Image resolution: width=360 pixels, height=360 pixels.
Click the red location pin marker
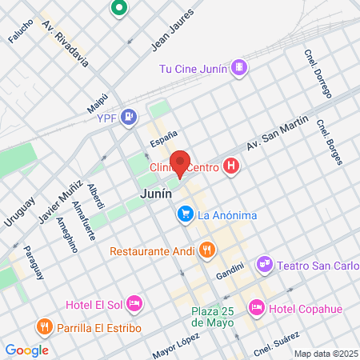[180, 163]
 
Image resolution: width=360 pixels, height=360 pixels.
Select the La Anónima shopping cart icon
[185, 214]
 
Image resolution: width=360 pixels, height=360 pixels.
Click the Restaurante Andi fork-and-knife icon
[206, 250]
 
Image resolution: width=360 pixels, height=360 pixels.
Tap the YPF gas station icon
[130, 118]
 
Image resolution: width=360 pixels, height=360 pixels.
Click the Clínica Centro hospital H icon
[231, 166]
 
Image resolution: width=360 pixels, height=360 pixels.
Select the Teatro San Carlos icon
[264, 263]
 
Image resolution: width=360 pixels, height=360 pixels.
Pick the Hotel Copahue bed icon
[256, 306]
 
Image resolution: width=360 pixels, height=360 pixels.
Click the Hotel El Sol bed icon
[134, 303]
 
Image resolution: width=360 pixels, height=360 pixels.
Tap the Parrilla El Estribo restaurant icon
[43, 326]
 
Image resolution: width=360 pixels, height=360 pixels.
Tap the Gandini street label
[230, 274]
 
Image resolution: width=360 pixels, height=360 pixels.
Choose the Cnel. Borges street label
[329, 141]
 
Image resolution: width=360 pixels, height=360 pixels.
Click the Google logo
[26, 350]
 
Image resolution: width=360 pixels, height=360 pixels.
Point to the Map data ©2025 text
[326, 354]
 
